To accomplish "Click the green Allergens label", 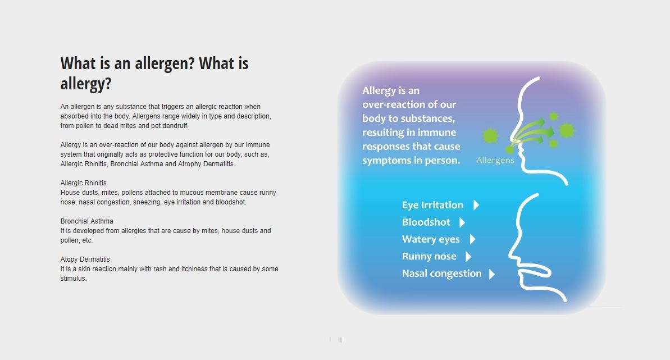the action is [x=495, y=160].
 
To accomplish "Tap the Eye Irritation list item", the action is [x=432, y=205].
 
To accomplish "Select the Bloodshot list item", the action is [x=426, y=222].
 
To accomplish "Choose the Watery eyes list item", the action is [x=431, y=239].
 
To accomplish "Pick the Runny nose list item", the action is [x=429, y=256].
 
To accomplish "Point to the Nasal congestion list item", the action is [x=442, y=273].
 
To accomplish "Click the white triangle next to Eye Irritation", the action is [x=476, y=205].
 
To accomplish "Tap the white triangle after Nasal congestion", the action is [x=492, y=274].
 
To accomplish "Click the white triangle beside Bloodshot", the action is [x=462, y=222].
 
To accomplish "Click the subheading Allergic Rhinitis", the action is [x=83, y=183].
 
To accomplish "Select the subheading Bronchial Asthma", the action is [x=86, y=221].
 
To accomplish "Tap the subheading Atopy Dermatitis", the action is [x=85, y=259].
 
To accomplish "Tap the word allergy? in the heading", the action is [x=86, y=84].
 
